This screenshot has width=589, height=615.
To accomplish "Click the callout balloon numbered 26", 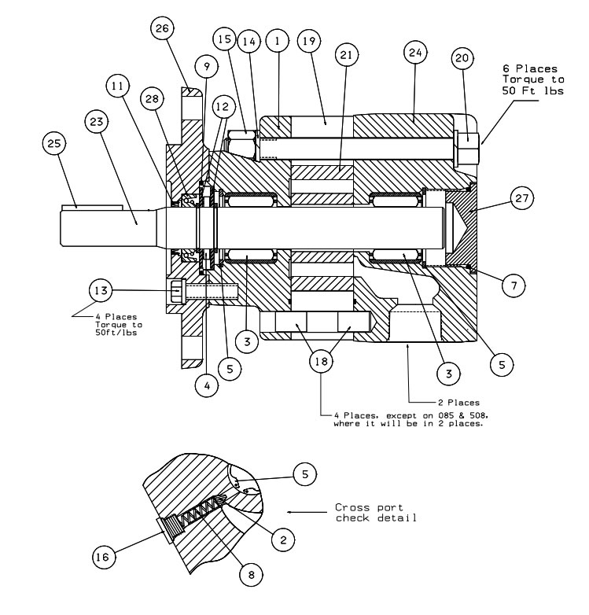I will click(163, 30).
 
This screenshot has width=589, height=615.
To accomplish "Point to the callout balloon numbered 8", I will click(252, 575).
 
